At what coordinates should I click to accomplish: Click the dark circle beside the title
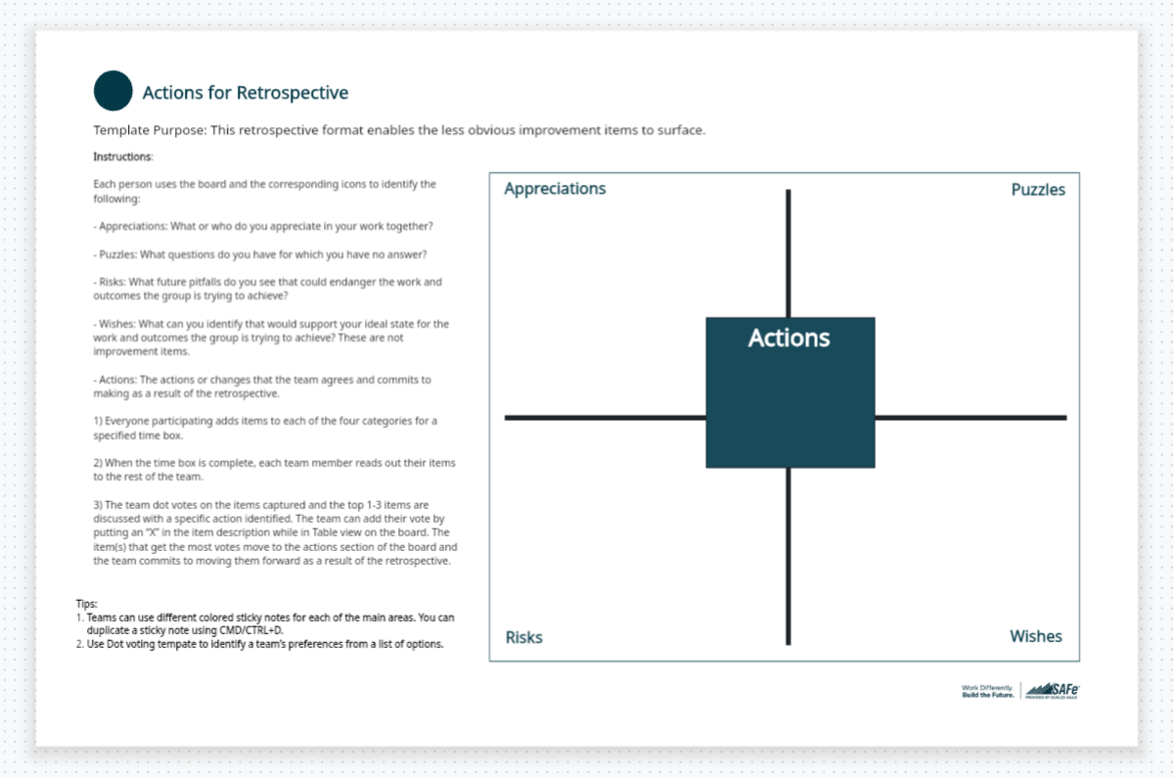pyautogui.click(x=113, y=91)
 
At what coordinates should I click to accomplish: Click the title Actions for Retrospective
pyautogui.click(x=245, y=93)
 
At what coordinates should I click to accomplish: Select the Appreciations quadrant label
pyautogui.click(x=555, y=189)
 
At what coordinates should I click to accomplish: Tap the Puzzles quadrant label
pyautogui.click(x=1038, y=190)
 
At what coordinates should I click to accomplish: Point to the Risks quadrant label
pyautogui.click(x=523, y=638)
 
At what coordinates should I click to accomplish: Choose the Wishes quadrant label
pyautogui.click(x=1035, y=637)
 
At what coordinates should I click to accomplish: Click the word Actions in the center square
pyautogui.click(x=789, y=339)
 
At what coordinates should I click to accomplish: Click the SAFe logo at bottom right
pyautogui.click(x=1053, y=691)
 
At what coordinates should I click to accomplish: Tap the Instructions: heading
pyautogui.click(x=123, y=157)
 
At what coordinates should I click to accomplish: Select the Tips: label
pyautogui.click(x=86, y=605)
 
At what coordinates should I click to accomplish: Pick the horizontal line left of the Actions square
pyautogui.click(x=605, y=418)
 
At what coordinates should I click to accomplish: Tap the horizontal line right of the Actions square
pyautogui.click(x=970, y=418)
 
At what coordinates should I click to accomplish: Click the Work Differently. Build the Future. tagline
pyautogui.click(x=989, y=691)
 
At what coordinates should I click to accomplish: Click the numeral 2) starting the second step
pyautogui.click(x=99, y=463)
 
